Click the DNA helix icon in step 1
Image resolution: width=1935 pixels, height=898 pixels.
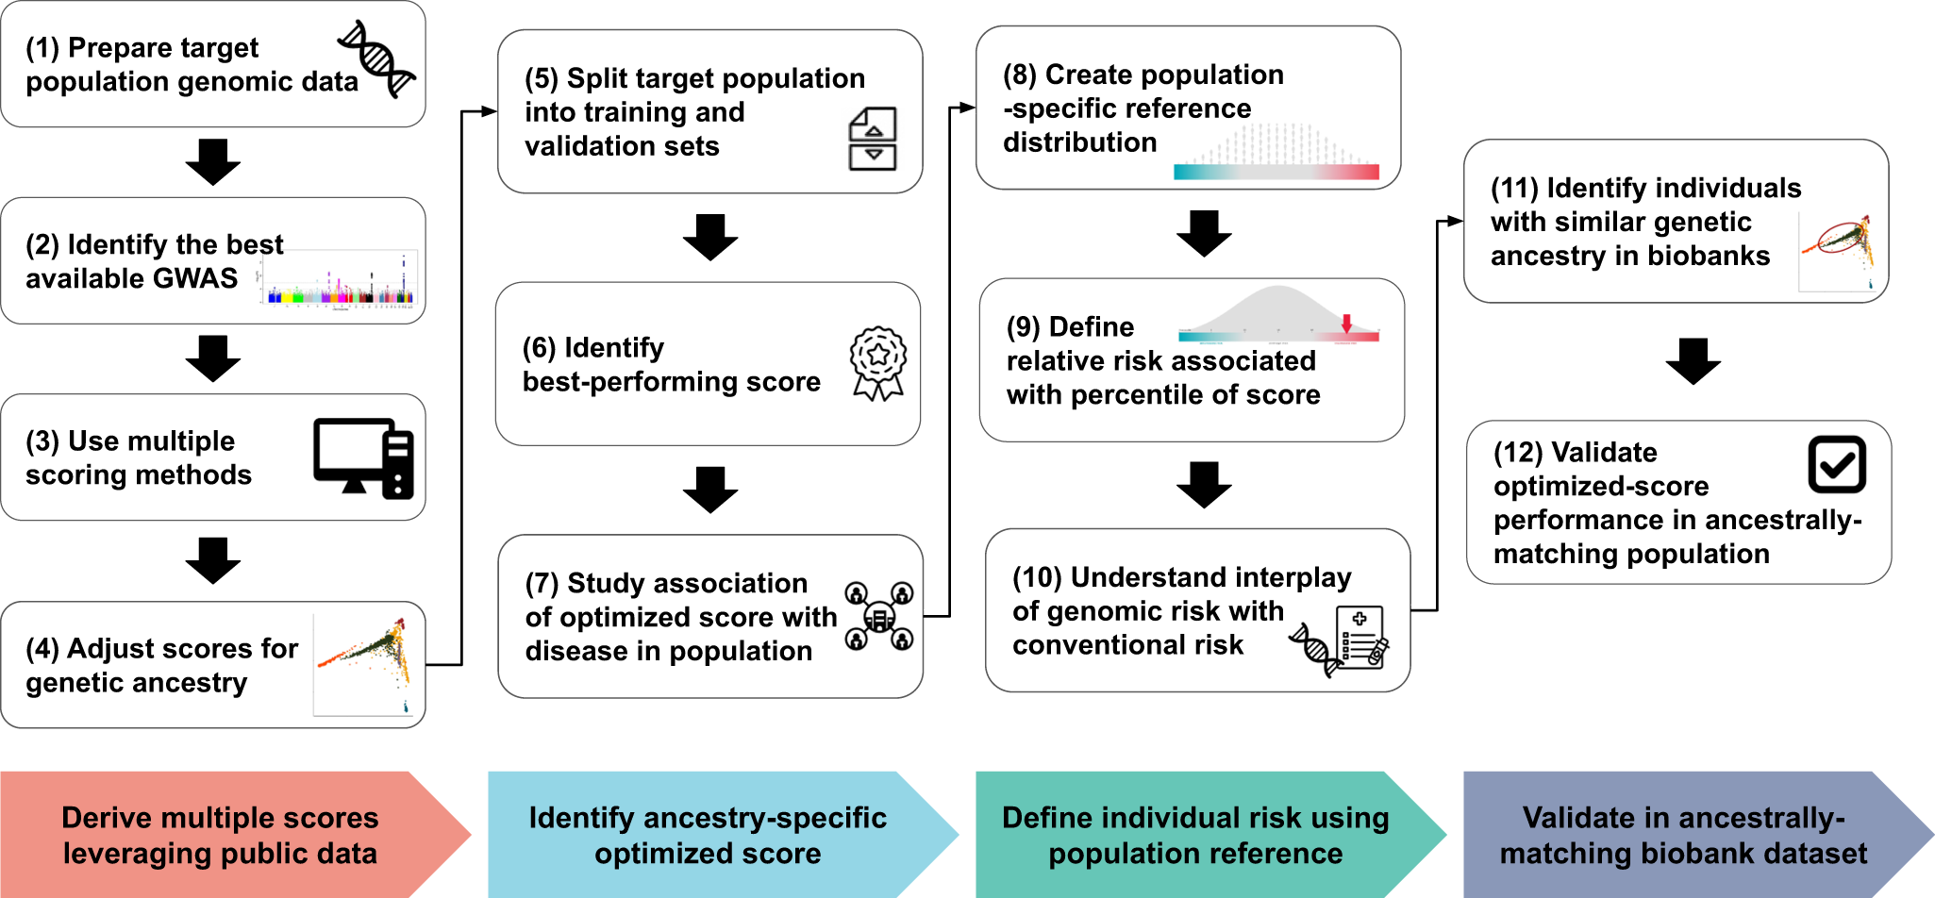coord(377,58)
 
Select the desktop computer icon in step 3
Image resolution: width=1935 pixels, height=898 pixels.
coord(363,457)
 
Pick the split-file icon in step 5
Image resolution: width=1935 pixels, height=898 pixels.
coord(873,140)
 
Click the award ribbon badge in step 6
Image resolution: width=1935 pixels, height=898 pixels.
coord(878,363)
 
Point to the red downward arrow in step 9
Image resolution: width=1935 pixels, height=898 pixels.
coord(1347,324)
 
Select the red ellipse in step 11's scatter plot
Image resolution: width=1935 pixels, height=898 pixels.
coord(1840,237)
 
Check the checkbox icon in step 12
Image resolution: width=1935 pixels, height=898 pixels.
coord(1836,464)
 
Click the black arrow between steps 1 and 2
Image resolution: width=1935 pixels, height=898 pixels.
coord(213,161)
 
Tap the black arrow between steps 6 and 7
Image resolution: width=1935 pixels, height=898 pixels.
coord(710,489)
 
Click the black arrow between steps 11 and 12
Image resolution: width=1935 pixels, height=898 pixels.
coord(1693,360)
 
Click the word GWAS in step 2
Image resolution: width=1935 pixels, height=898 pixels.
coord(201,278)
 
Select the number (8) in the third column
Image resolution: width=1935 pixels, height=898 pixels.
coord(1021,75)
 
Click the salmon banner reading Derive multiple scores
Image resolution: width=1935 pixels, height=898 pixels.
coord(220,835)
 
